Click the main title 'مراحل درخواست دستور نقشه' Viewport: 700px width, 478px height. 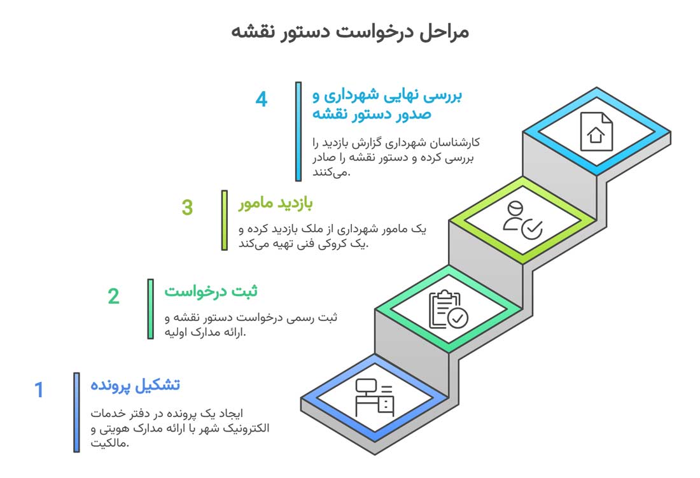click(350, 32)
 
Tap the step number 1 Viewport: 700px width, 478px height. click(39, 390)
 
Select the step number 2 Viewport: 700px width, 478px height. click(113, 297)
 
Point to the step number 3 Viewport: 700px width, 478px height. click(187, 207)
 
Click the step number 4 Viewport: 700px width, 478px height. click(261, 99)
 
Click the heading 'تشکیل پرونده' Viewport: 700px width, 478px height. click(136, 385)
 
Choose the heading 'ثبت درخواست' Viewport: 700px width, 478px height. click(211, 292)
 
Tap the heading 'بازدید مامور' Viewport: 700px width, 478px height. click(276, 204)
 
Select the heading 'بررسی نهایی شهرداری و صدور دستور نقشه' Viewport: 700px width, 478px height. click(387, 104)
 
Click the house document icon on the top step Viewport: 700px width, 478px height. click(596, 132)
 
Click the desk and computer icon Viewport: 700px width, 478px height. click(375, 397)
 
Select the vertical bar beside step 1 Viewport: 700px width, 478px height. click(77, 412)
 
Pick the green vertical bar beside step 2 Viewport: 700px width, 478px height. click(151, 309)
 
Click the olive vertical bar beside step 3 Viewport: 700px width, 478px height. click(225, 220)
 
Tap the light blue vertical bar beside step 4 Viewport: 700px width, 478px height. click(298, 131)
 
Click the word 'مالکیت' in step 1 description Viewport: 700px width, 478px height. click(111, 443)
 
